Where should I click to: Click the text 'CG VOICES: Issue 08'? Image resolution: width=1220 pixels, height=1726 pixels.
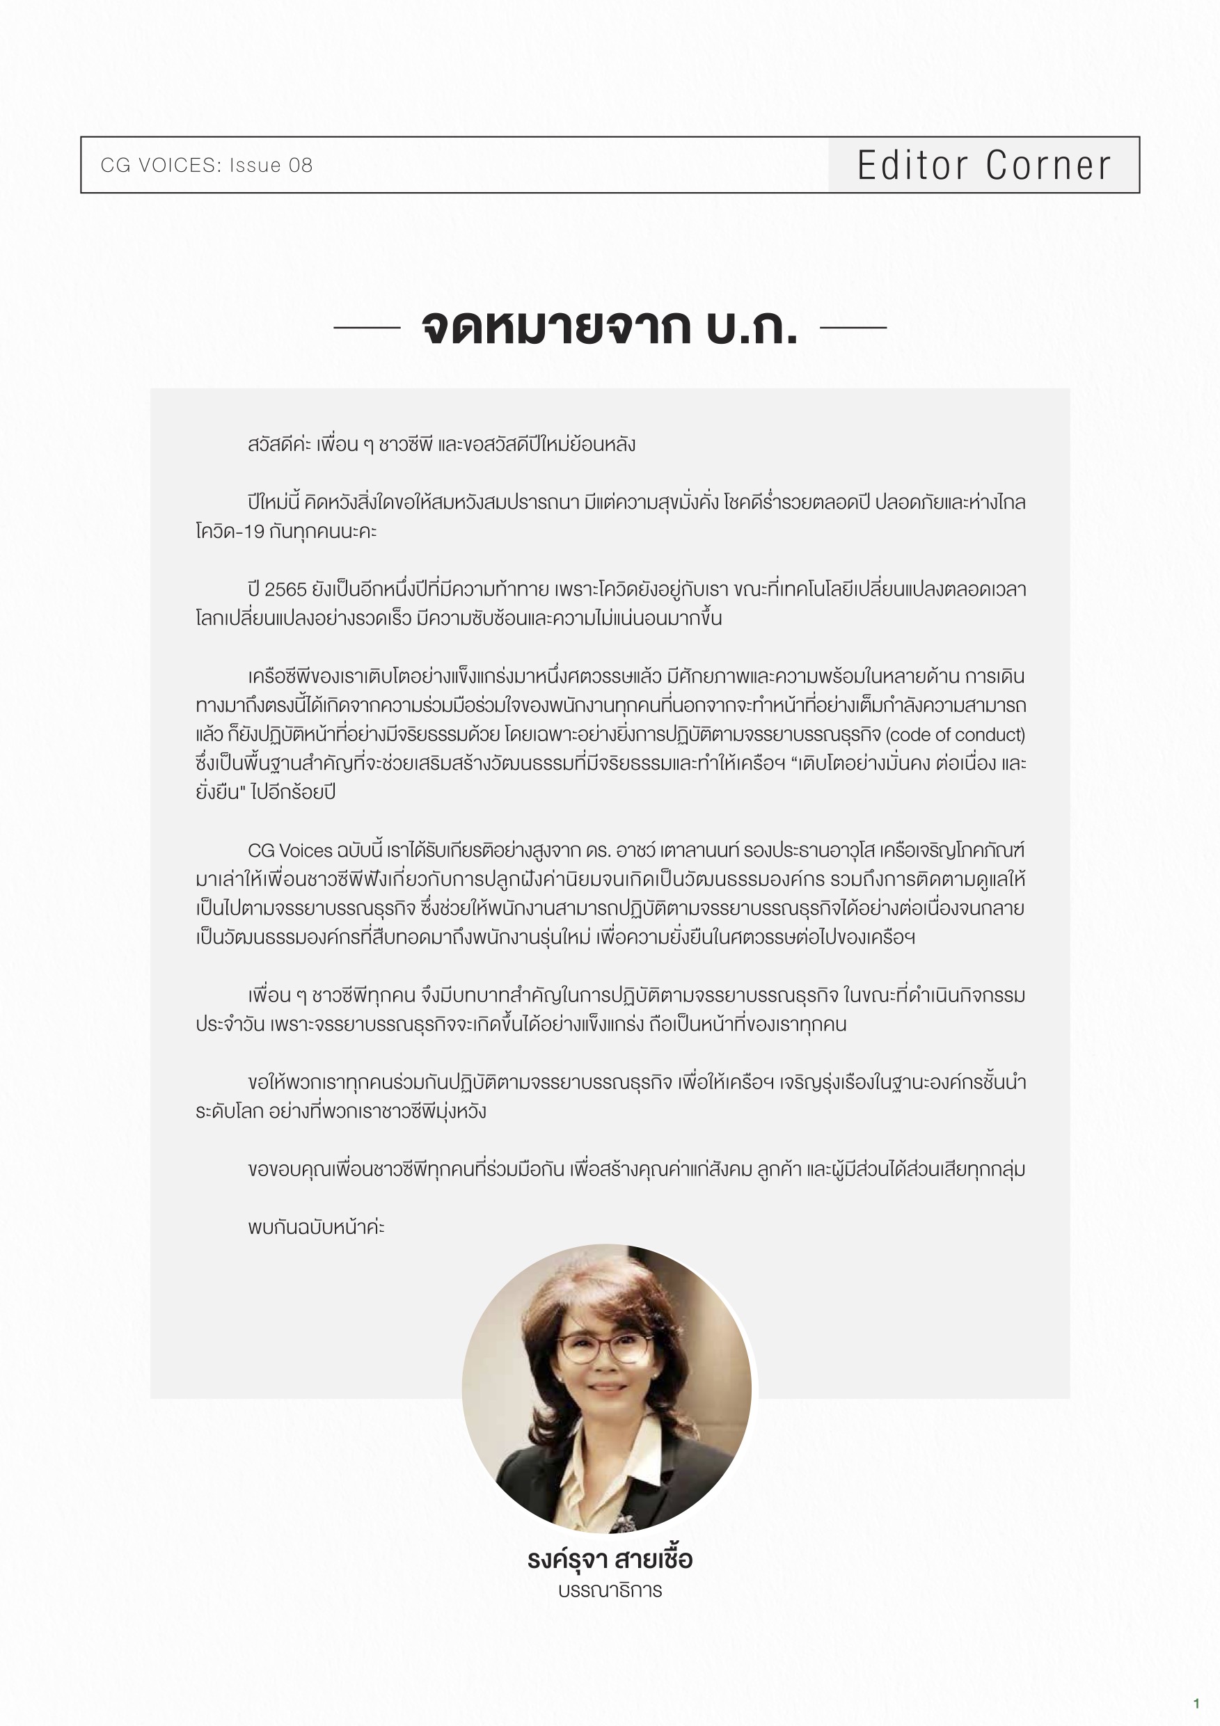207,166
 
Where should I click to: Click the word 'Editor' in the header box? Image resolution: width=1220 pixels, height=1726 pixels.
912,166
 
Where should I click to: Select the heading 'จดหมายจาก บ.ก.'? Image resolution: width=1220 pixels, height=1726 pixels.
610,327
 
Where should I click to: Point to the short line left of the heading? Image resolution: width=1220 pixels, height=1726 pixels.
367,327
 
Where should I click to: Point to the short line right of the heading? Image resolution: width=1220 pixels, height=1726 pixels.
853,327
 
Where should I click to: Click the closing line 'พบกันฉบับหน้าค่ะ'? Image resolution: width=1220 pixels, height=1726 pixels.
317,1227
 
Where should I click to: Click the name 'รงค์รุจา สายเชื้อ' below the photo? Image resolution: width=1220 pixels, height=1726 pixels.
610,1560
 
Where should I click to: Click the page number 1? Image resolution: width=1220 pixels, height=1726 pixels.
1196,1704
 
